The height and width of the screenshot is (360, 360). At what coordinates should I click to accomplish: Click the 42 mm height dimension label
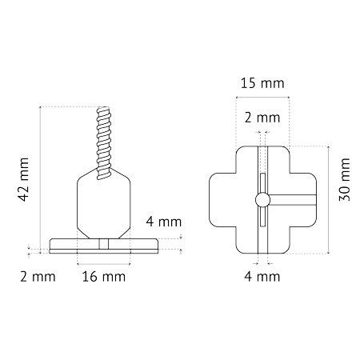(x=23, y=179)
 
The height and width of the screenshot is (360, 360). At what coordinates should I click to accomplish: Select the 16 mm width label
(x=104, y=277)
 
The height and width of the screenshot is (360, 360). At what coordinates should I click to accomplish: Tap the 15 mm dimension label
(x=262, y=83)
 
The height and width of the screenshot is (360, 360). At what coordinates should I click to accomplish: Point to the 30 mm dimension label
(x=344, y=179)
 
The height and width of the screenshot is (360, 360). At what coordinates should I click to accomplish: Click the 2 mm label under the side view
(x=38, y=277)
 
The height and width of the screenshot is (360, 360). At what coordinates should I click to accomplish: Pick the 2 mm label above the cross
(x=262, y=118)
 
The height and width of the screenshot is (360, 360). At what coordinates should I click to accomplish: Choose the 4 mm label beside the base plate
(x=164, y=222)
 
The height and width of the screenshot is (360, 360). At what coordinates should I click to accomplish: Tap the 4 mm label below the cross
(x=262, y=277)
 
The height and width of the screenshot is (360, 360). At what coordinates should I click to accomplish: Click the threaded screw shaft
(x=104, y=142)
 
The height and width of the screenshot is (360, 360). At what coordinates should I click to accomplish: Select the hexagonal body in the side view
(x=104, y=203)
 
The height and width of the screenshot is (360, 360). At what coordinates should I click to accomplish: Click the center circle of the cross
(x=262, y=200)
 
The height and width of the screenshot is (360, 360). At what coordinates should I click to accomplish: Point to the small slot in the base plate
(x=104, y=244)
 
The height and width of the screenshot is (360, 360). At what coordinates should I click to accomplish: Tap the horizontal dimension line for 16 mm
(x=104, y=264)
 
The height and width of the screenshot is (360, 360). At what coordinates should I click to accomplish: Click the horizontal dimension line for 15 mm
(x=262, y=97)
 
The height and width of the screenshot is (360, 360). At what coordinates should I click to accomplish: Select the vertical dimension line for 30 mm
(x=329, y=200)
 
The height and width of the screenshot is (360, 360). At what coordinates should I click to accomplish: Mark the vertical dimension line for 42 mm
(x=40, y=180)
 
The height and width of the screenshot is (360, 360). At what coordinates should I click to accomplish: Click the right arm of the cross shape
(x=303, y=200)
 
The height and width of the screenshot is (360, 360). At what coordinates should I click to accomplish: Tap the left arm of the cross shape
(x=222, y=200)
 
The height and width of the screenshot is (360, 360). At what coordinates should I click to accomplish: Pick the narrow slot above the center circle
(x=262, y=183)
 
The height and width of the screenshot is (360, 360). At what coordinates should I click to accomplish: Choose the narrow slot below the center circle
(x=262, y=217)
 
